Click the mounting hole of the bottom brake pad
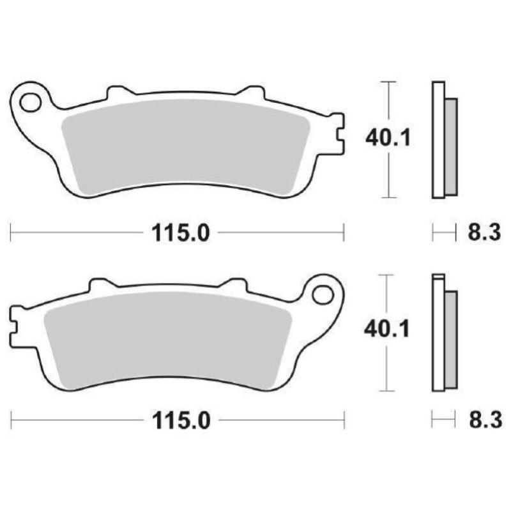coord(323,295)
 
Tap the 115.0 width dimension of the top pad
coord(181,234)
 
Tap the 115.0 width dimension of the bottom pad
coord(181,421)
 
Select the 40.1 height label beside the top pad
coord(387,137)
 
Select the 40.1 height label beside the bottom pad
coord(387,330)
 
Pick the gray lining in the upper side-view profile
coord(451,146)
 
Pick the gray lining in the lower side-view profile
coord(451,339)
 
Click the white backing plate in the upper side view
coord(438,141)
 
